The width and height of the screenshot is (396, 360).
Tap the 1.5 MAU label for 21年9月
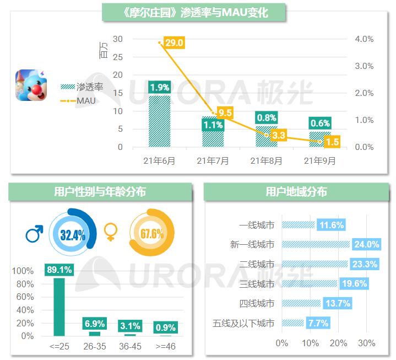click(332, 142)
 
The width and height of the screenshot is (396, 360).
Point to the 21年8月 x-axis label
click(267, 161)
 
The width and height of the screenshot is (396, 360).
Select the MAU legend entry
click(85, 100)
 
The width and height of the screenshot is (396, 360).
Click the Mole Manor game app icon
click(31, 85)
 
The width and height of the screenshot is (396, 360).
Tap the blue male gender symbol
click(34, 234)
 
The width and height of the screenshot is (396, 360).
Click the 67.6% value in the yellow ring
click(152, 234)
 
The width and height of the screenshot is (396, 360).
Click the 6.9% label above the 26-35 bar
click(95, 324)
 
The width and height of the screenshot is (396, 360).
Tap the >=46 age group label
click(165, 347)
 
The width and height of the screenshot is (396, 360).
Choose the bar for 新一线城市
click(316, 244)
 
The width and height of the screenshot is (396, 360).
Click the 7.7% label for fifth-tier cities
click(319, 323)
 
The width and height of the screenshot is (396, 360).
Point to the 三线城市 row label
click(257, 284)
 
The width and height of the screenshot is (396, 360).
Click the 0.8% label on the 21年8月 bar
click(267, 117)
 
